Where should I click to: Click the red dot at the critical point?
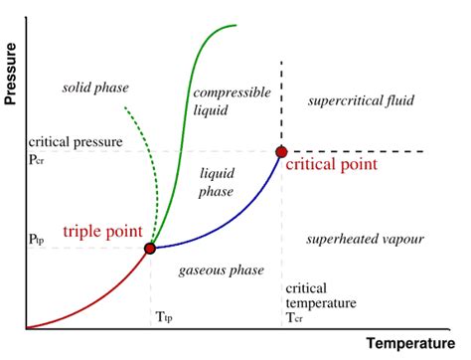(x=281, y=151)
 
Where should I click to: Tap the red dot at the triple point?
(x=150, y=248)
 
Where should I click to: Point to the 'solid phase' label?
(x=95, y=88)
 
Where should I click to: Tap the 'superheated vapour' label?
(x=366, y=240)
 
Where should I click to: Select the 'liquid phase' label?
(x=218, y=181)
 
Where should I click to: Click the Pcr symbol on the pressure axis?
(x=37, y=158)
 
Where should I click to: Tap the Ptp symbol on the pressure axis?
(x=37, y=240)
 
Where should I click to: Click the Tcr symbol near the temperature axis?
(x=294, y=317)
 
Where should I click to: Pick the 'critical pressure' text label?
(x=75, y=142)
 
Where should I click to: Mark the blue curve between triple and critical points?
(x=229, y=225)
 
